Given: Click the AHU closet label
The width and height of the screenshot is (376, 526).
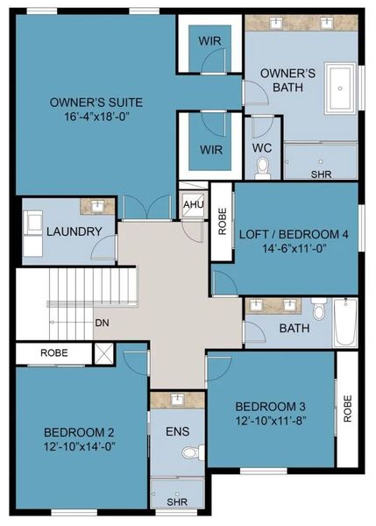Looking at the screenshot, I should point(193,205).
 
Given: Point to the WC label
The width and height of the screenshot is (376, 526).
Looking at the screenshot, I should point(262,148).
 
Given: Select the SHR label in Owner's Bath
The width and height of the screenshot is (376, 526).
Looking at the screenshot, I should point(321,174).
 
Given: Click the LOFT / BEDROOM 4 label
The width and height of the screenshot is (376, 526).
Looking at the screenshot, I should point(294,233).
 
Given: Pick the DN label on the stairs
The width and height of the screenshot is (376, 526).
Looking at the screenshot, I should point(102,322).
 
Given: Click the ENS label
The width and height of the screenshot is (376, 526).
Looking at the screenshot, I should point(177,432).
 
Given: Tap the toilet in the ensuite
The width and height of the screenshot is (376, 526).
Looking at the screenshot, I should point(188,453).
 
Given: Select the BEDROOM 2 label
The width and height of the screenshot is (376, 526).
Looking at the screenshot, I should point(79,431).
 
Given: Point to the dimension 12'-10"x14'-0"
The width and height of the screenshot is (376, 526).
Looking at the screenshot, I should point(79,445).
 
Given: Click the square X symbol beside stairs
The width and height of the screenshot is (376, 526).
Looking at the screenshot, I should point(103,354).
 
